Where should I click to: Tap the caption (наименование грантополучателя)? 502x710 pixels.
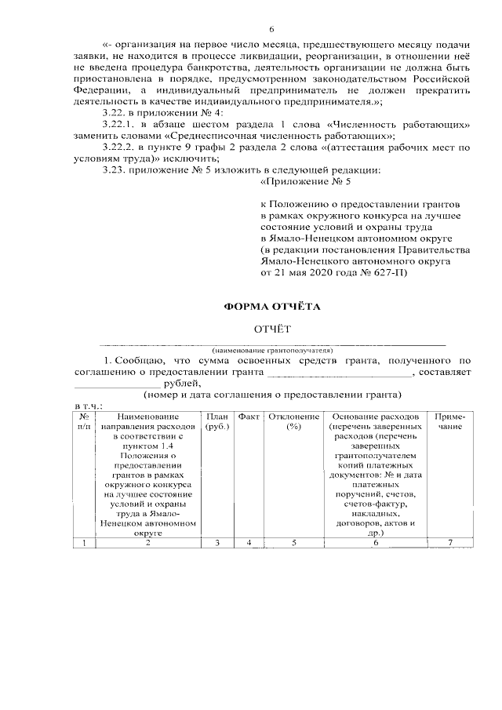[x=271, y=350]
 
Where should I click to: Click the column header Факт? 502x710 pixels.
[x=249, y=416]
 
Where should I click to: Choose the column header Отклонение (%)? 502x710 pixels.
[x=294, y=421]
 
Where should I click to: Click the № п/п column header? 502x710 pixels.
[x=84, y=421]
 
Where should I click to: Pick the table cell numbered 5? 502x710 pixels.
[x=294, y=543]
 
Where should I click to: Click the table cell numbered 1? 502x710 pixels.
[x=84, y=543]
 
